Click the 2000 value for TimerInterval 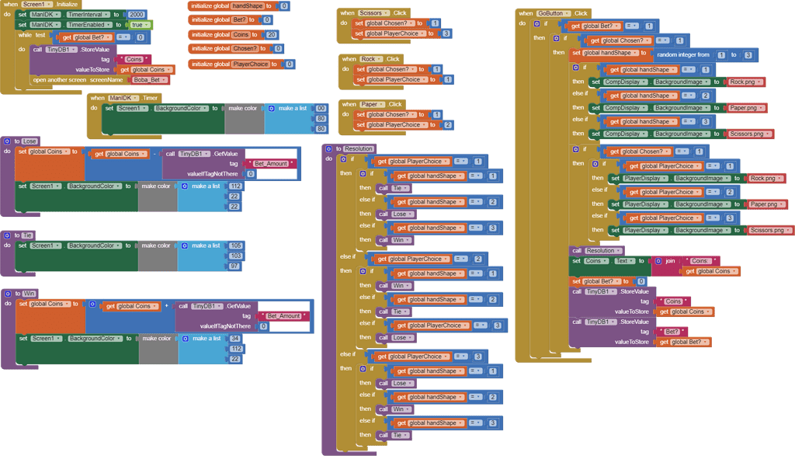pyautogui.click(x=136, y=15)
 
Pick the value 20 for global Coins pyautogui.click(x=271, y=34)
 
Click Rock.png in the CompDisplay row pyautogui.click(x=747, y=82)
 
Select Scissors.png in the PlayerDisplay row pyautogui.click(x=771, y=230)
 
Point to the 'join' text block pyautogui.click(x=669, y=261)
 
